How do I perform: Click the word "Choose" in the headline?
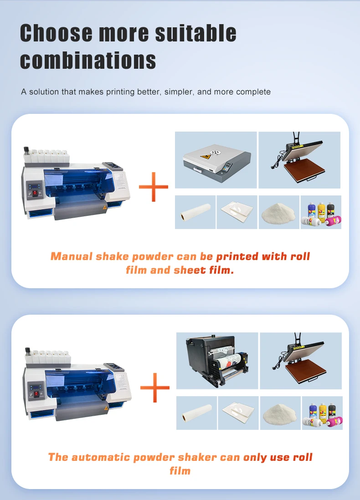coord(57,33)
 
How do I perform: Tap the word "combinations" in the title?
coord(88,60)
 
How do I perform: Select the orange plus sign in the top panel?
coord(154,187)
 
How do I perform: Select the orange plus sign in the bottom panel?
coord(155,388)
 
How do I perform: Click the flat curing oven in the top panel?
coord(216,161)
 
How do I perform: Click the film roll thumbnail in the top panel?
coord(195,213)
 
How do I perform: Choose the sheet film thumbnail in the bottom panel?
coord(237,413)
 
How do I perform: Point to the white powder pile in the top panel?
coord(278,213)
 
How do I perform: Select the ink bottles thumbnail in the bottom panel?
coord(322,413)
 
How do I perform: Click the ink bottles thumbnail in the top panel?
coord(321,213)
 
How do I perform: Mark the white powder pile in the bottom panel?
coord(280,413)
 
